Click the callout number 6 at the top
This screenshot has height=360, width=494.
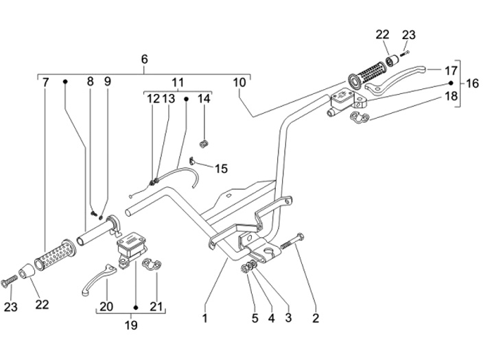pos(144,59)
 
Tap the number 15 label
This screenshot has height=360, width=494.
pos(221,169)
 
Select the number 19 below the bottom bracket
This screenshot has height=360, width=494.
pos(131,325)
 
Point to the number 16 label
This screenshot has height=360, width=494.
pos(472,84)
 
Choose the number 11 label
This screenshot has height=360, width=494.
pos(178,83)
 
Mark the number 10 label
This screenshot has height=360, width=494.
pos(239,82)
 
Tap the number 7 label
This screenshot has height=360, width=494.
pos(46,82)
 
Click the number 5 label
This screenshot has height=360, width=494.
pos(255,318)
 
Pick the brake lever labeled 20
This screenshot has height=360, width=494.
pos(97,279)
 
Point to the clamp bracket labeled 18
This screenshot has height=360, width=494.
pos(359,117)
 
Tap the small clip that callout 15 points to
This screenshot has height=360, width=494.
pos(192,160)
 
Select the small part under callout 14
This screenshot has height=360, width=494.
pos(204,143)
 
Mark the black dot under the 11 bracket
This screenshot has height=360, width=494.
pos(186,99)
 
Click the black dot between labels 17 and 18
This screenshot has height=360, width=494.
pos(451,83)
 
